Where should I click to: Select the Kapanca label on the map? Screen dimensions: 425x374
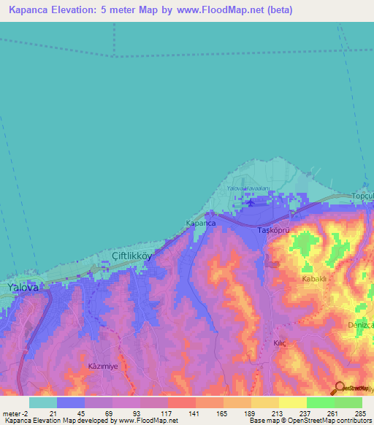200,223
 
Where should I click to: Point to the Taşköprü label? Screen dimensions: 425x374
275,230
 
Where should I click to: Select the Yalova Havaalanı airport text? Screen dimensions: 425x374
248,189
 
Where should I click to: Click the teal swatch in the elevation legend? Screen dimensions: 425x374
43,402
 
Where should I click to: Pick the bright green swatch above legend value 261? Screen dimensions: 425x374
321,402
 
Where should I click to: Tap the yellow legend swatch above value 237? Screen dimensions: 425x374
293,402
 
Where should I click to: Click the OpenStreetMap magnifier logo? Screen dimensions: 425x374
338,388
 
